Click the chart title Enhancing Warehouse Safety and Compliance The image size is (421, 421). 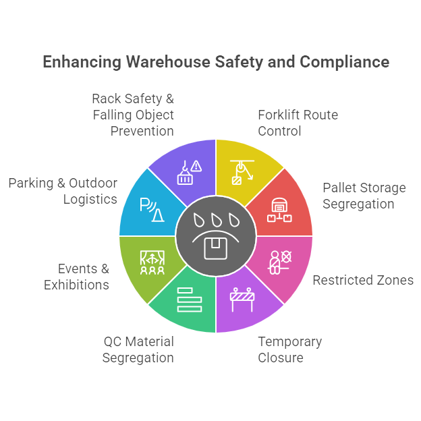pyautogui.click(x=216, y=62)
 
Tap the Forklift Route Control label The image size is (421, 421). pyautogui.click(x=298, y=123)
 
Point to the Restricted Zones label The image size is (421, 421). pyautogui.click(x=363, y=279)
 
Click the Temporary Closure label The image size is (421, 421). pyautogui.click(x=289, y=349)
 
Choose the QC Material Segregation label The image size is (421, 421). pyautogui.click(x=138, y=349)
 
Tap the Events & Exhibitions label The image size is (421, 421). pyautogui.click(x=76, y=277)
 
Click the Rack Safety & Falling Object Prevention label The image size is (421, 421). pyautogui.click(x=133, y=115)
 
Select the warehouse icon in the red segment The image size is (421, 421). pyautogui.click(x=279, y=209)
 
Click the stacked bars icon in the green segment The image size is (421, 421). pyautogui.click(x=190, y=299)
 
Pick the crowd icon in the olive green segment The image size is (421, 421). pyautogui.click(x=152, y=261)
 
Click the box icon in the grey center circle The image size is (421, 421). pyautogui.click(x=216, y=247)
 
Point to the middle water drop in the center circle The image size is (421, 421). pyautogui.click(x=216, y=221)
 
